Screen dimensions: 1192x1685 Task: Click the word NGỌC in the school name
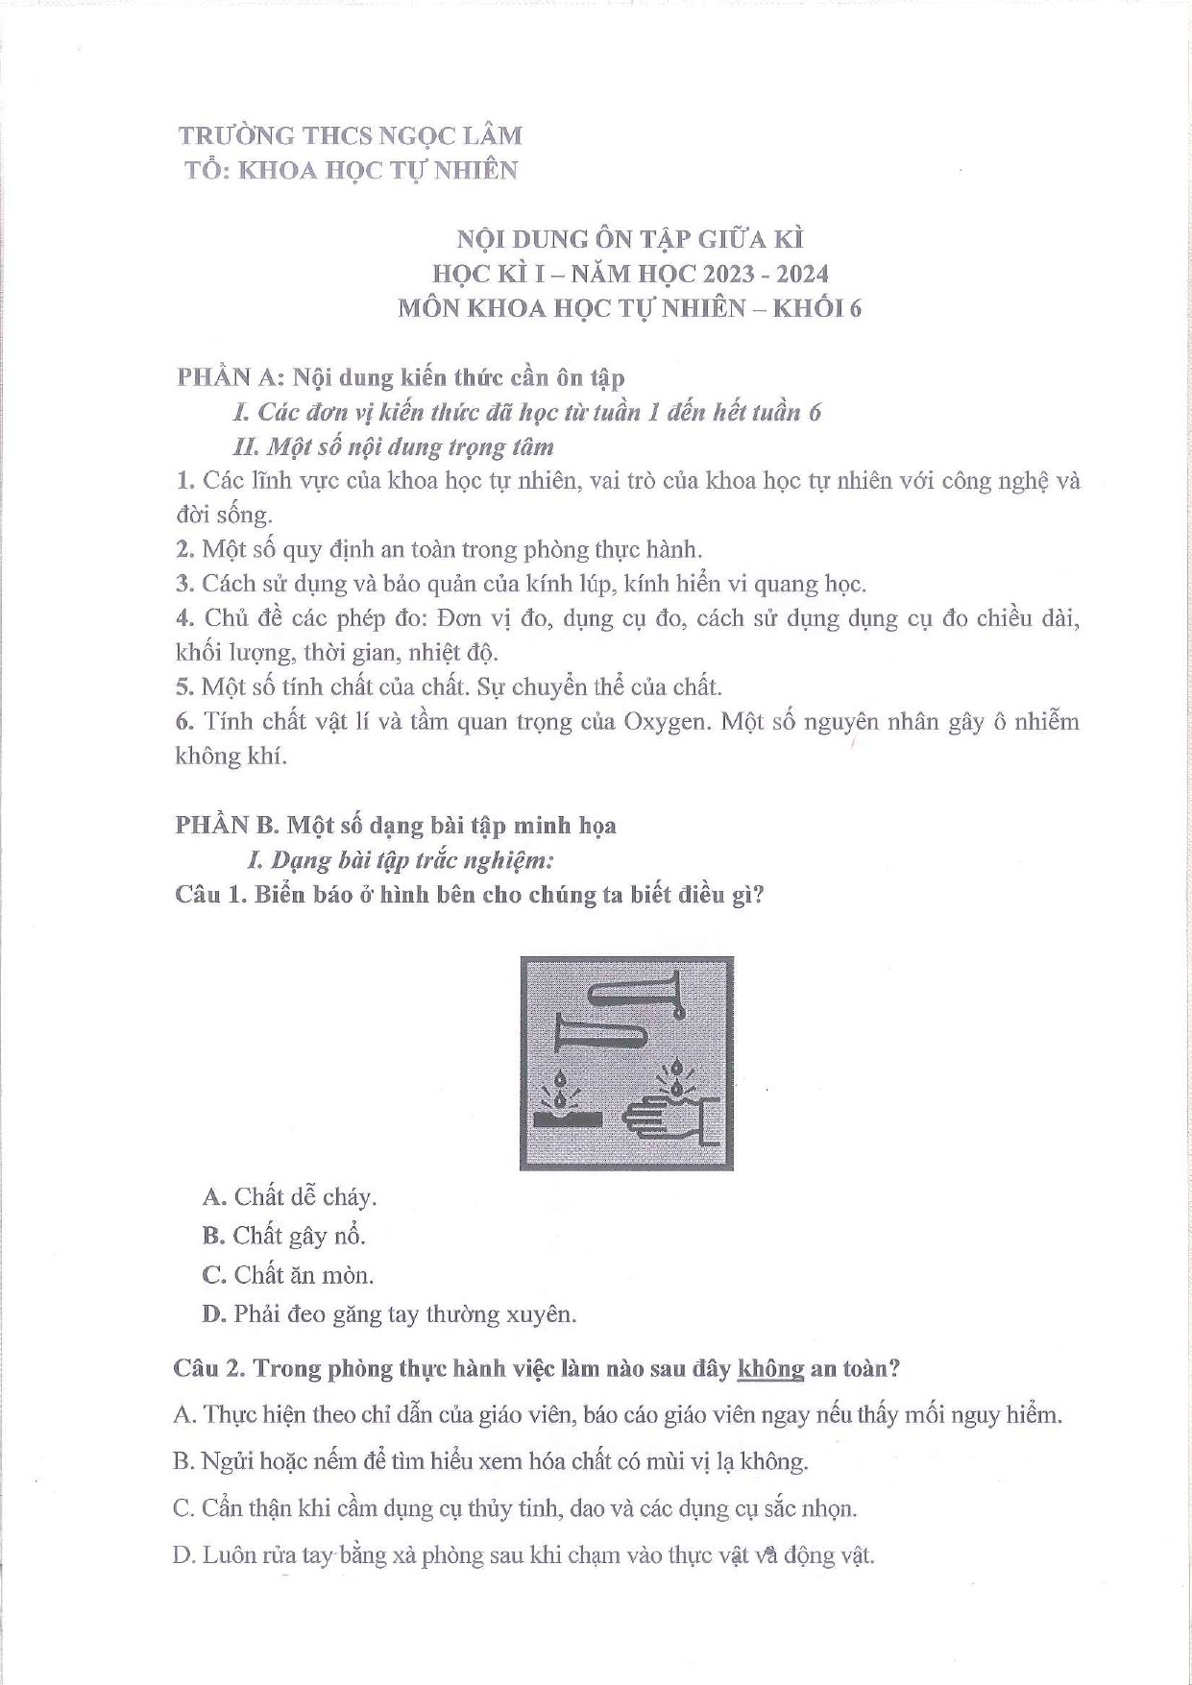(x=420, y=135)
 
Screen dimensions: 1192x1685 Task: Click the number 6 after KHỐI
(x=855, y=308)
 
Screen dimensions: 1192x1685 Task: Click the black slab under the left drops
(x=568, y=1119)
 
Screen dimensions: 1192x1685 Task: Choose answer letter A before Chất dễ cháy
(x=214, y=1197)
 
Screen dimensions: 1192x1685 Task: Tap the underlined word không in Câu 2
(x=770, y=1368)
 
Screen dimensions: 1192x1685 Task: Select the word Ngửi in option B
(x=225, y=1461)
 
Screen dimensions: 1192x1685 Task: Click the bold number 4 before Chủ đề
(x=184, y=618)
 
